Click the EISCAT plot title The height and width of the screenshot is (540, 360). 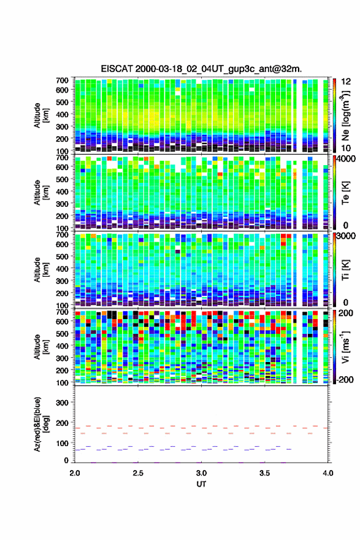[x=201, y=69]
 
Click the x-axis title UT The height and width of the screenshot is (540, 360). [x=201, y=484]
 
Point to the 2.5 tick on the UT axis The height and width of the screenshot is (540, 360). [x=138, y=473]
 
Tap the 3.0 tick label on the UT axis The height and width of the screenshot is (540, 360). [x=201, y=473]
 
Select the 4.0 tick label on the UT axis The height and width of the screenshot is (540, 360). [x=328, y=473]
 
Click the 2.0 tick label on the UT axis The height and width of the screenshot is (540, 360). [x=75, y=473]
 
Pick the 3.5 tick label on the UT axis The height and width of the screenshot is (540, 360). [x=265, y=473]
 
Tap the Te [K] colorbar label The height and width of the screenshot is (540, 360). [x=345, y=193]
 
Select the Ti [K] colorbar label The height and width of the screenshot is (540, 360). [x=345, y=271]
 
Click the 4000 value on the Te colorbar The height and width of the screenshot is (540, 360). [x=346, y=159]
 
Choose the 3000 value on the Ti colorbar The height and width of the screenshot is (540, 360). [x=346, y=236]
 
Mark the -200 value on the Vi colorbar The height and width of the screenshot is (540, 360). [x=344, y=379]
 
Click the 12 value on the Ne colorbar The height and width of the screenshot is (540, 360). [x=346, y=82]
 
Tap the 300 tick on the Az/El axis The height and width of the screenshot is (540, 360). [x=62, y=403]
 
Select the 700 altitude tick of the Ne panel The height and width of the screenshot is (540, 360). [x=62, y=80]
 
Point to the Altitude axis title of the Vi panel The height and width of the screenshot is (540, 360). [x=41, y=347]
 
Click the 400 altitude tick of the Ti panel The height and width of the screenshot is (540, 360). [x=62, y=269]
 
